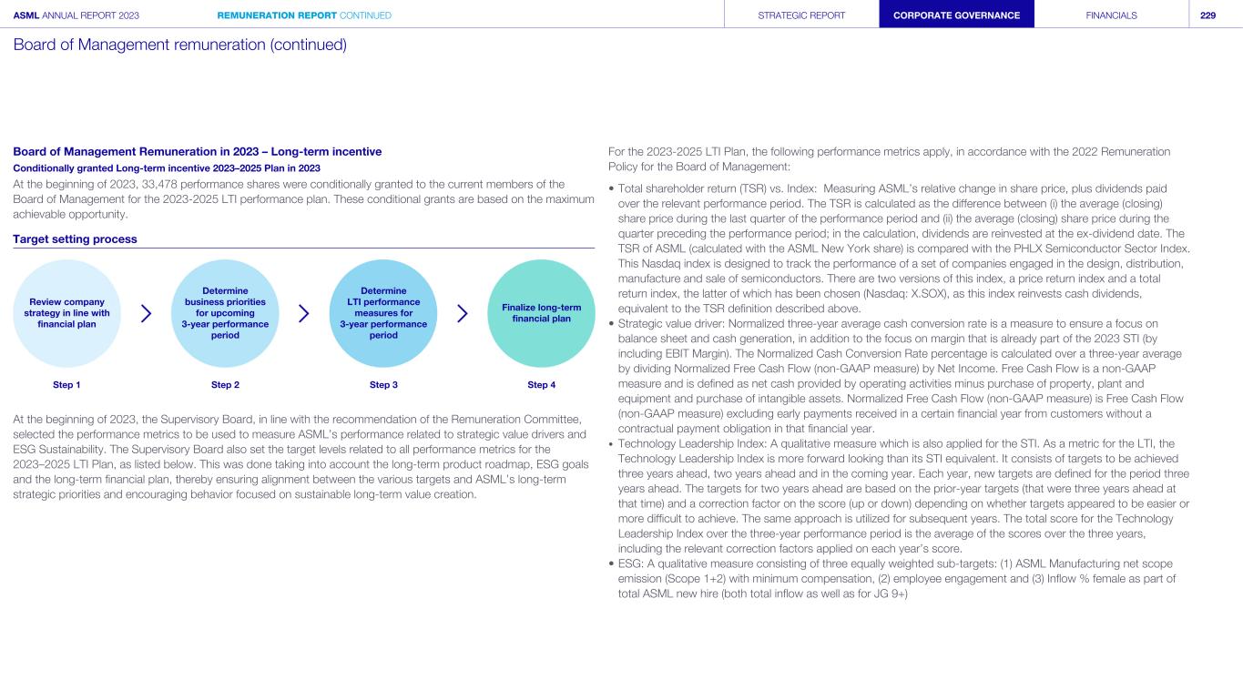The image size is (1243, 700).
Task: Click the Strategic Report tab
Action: [801, 15]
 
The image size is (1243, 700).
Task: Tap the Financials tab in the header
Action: [1111, 15]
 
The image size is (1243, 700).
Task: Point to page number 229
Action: [1208, 15]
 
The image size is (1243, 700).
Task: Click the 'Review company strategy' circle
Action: [66, 313]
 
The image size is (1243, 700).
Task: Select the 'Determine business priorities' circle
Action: [225, 313]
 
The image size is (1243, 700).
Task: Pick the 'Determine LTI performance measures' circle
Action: [383, 313]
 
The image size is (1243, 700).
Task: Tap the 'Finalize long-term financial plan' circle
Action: [541, 313]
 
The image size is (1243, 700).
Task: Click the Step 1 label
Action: [66, 385]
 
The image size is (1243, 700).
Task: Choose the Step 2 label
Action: [225, 385]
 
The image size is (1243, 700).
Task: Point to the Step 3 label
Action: [383, 385]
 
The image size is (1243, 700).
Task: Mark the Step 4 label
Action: [541, 385]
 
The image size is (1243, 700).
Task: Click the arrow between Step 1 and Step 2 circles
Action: [147, 313]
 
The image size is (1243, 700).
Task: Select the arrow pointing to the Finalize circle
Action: [463, 313]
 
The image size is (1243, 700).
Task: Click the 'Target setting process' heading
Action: [75, 238]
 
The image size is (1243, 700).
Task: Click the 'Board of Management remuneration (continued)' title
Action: [179, 44]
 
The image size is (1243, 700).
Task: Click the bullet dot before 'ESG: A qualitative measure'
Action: [611, 564]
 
